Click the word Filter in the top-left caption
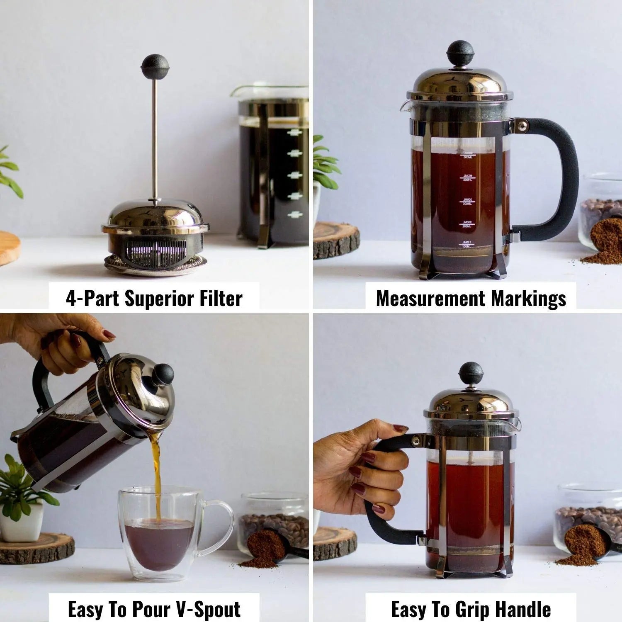[221, 299]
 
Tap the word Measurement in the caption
[430, 299]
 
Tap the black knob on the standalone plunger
[155, 66]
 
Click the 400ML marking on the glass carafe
[467, 178]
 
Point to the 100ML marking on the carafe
[466, 245]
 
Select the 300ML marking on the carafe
[467, 202]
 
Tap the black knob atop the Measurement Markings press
[460, 53]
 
